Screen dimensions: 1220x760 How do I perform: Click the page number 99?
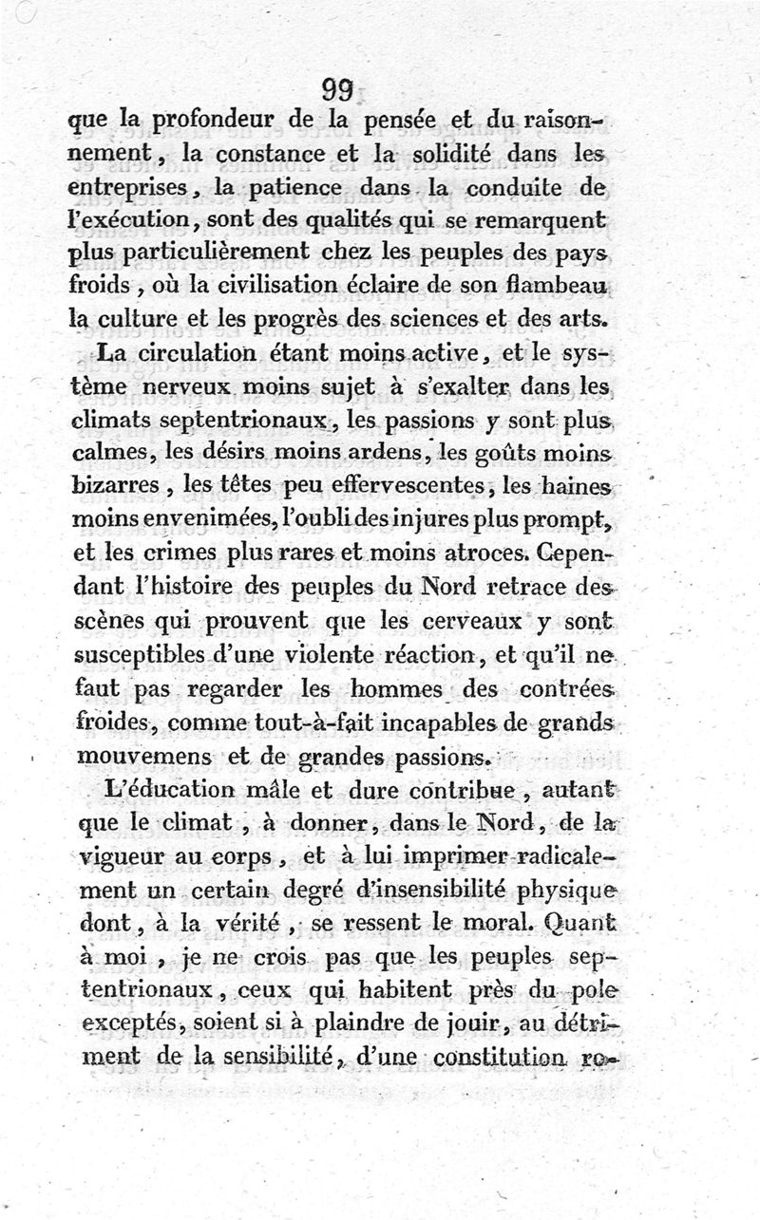pos(337,90)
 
